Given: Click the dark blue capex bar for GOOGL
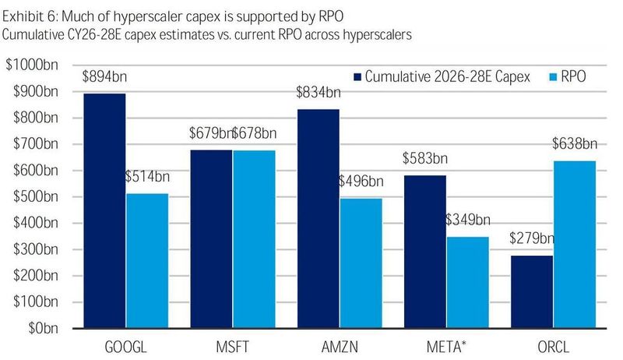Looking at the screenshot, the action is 104,211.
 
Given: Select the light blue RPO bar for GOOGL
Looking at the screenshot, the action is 147,261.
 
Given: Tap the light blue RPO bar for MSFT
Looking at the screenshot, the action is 255,239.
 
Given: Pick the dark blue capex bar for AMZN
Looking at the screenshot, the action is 319,219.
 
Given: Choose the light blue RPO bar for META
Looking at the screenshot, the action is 468,283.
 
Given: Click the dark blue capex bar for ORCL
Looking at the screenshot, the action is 532,292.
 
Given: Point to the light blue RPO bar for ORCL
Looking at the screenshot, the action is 575,245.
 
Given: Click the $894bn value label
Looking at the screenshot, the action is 104,76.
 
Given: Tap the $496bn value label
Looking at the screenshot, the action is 361,182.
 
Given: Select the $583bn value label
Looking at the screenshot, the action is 425,158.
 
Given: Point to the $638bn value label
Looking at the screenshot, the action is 575,143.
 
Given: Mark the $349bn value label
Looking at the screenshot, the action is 468,220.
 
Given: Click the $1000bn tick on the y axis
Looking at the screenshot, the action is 32,65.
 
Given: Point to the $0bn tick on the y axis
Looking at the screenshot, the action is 43,328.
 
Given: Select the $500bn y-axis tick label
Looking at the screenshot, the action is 36,196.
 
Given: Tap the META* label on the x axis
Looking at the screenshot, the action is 446,347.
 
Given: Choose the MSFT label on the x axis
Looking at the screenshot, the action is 232,347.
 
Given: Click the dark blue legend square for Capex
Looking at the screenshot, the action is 357,76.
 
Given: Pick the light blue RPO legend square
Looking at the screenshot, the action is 553,76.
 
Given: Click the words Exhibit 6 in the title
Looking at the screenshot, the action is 29,16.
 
